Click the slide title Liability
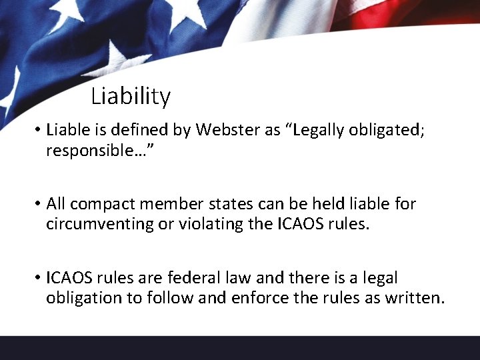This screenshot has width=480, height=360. click(x=131, y=97)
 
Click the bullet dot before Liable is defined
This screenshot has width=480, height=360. click(x=39, y=131)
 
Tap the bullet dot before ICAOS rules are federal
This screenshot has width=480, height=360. click(x=39, y=277)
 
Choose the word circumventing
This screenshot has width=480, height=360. click(x=100, y=224)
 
